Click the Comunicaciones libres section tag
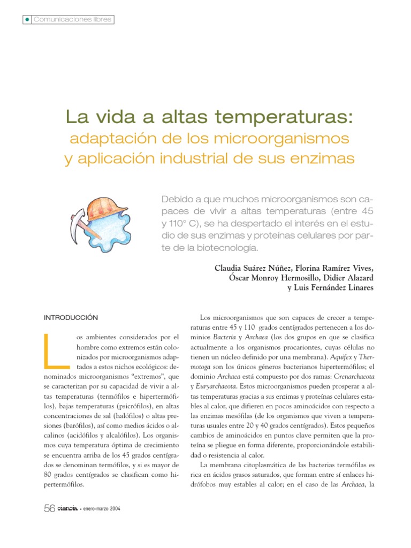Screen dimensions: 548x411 coord(72,19)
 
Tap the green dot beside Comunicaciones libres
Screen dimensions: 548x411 coord(26,19)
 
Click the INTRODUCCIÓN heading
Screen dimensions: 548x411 coord(71,317)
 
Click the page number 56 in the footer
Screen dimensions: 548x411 coord(49,509)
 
